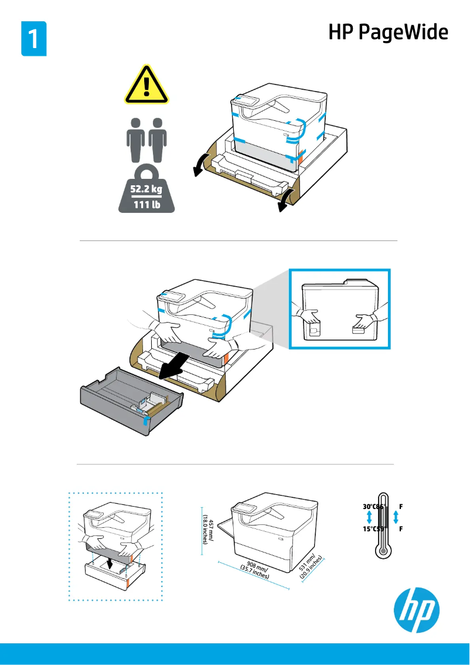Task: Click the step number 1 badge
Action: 34,39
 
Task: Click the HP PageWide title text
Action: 388,32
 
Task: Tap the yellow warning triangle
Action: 146,86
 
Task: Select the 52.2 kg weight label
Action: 146,189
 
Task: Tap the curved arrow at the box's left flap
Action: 200,165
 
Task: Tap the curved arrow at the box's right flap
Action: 285,201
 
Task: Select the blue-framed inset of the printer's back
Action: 340,317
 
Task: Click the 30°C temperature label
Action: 369,505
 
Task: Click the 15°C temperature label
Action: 369,529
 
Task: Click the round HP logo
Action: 415,612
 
